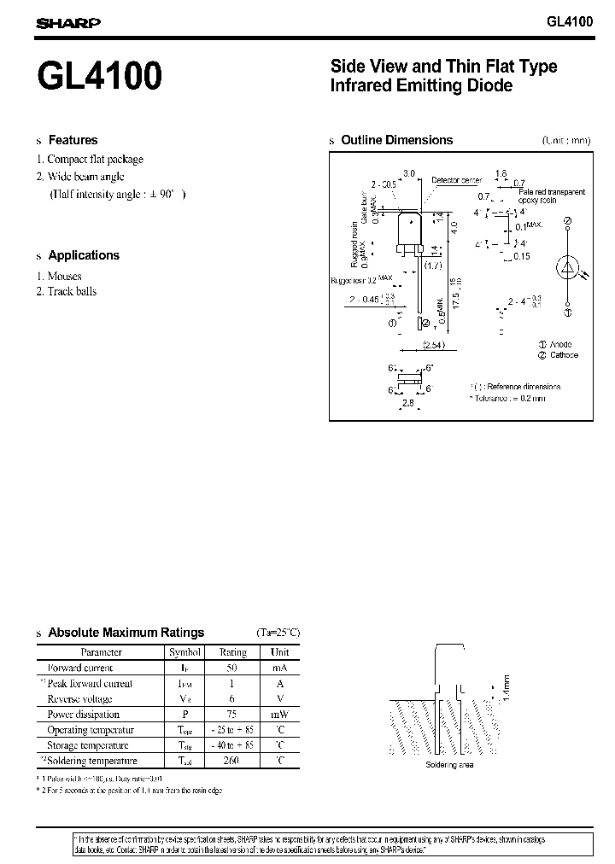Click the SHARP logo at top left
tap(67, 24)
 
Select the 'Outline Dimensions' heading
tap(396, 140)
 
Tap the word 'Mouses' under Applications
tap(64, 276)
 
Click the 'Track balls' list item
tap(72, 291)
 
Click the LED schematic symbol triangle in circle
tap(567, 267)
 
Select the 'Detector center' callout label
tap(457, 180)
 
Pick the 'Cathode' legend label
tap(564, 355)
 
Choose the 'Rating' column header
tap(232, 652)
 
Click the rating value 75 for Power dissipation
tap(232, 714)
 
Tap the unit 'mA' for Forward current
tap(279, 668)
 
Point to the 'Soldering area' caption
tap(448, 765)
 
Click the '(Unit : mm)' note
tap(565, 141)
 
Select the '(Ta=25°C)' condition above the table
tap(278, 633)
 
